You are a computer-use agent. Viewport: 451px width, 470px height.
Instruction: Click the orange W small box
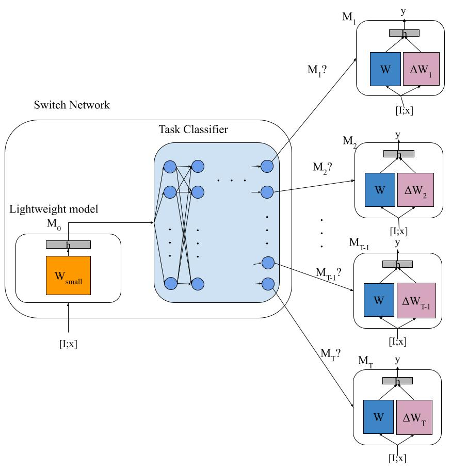tap(68, 275)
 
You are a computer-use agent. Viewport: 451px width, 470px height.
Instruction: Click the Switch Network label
tap(71, 106)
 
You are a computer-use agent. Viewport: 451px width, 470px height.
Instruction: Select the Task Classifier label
tap(193, 129)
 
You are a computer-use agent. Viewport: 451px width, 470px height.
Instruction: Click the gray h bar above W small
tap(68, 245)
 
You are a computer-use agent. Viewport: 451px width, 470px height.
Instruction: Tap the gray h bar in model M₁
tap(404, 33)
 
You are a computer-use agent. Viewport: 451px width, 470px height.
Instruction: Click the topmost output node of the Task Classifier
tap(267, 166)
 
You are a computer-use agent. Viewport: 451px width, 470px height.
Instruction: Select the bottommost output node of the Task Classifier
tap(267, 283)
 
